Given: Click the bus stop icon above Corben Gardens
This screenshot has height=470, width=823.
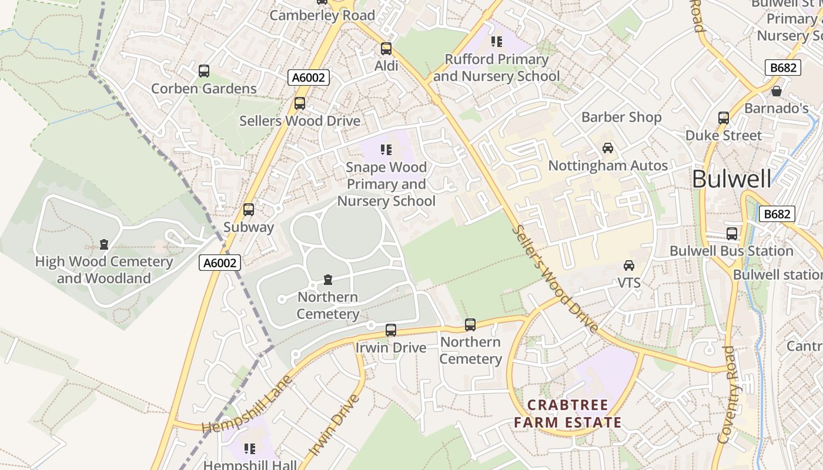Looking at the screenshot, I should pos(204,71).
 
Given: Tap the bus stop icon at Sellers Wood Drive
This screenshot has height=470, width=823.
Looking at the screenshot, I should pos(300,103).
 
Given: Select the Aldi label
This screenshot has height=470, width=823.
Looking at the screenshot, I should pos(386,66).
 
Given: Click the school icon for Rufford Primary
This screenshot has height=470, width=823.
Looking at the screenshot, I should pos(497,42).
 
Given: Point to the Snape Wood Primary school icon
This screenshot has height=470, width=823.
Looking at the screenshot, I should pos(386,150).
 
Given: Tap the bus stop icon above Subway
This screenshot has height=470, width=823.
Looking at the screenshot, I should pos(249,210).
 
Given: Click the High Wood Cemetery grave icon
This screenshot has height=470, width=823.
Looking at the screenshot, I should pos(104,244).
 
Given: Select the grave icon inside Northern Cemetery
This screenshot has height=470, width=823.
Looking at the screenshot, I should pos(328,280).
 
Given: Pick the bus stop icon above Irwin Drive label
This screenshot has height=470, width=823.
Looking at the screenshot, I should pos(391,330).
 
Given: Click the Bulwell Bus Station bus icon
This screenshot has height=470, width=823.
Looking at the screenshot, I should pos(732,234).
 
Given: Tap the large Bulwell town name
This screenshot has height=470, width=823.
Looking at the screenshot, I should pos(731,179).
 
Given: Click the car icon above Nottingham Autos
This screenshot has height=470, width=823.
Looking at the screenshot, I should pos(608,148).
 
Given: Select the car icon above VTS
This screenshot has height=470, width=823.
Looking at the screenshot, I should pos(629,266).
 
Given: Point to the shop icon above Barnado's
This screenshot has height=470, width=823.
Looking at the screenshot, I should pos(777,91).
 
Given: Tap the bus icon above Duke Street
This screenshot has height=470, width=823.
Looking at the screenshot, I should pos(724,118).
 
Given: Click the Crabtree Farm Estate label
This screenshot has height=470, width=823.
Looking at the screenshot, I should pos(568,414).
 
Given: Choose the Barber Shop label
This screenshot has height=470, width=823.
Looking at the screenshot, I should pos(621,117).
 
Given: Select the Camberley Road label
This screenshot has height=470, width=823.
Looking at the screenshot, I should pos(322,15).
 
